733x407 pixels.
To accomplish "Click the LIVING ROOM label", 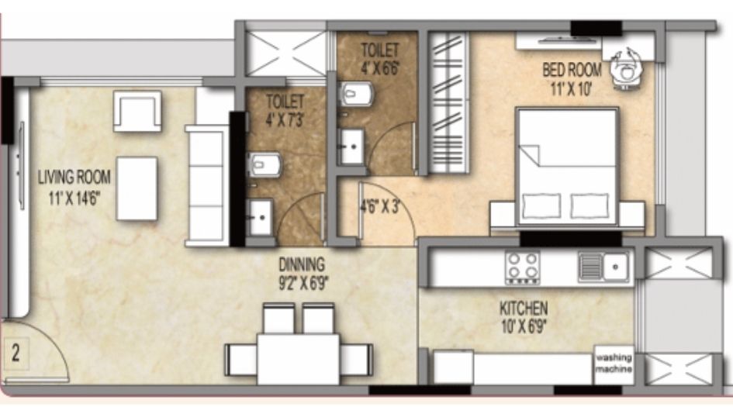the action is [74, 177].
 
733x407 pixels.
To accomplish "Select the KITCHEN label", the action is [524, 309].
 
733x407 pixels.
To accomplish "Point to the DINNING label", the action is [302, 264].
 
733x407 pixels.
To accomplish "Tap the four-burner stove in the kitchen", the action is [523, 267].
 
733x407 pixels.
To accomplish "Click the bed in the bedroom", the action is [567, 167].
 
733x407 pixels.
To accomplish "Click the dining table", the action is [299, 359].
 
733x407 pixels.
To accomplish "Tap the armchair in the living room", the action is [137, 111].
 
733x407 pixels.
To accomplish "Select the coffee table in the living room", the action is [137, 188].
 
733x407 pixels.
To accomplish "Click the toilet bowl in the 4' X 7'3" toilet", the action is [264, 165].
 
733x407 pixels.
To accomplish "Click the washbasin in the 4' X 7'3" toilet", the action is [259, 217].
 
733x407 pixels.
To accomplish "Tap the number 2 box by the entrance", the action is [16, 354].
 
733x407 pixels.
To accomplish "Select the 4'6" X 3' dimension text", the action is [380, 206].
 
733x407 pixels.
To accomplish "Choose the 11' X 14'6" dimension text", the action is [74, 198].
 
